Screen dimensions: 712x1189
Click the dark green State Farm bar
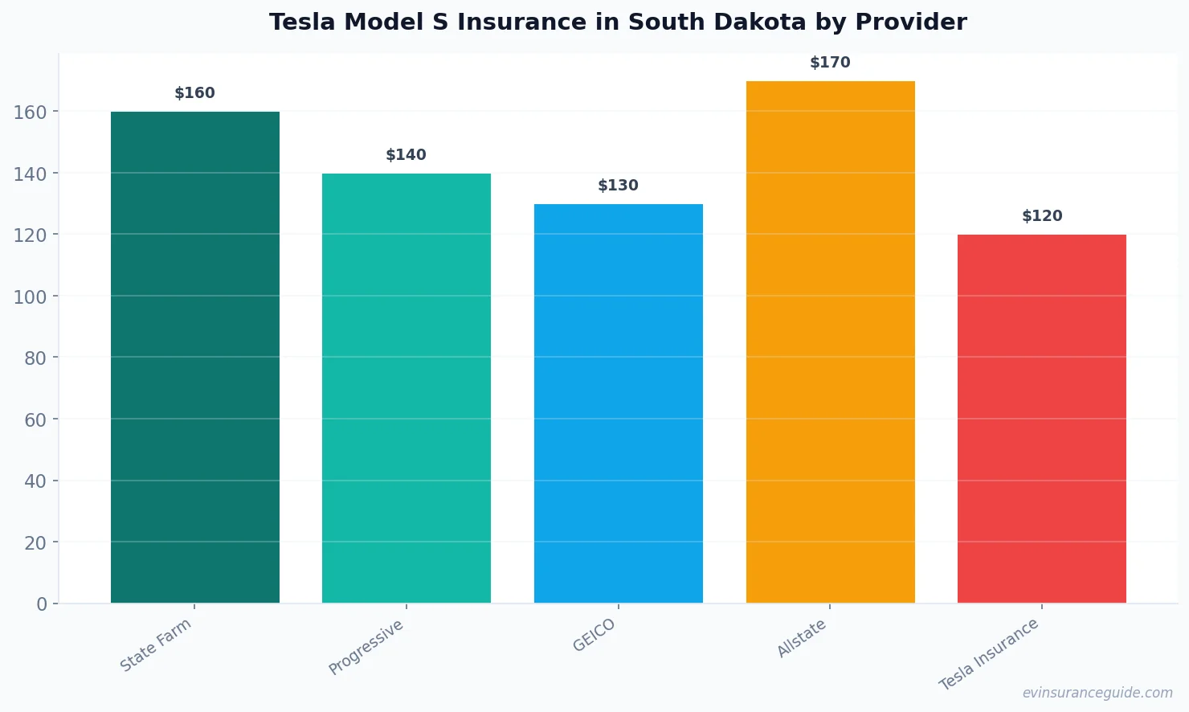195,358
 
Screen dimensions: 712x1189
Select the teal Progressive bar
407,388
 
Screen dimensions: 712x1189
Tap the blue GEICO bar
619,403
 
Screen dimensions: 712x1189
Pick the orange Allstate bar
830,342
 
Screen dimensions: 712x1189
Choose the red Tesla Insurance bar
1042,419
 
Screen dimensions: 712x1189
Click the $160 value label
195,93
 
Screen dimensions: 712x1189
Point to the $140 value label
407,155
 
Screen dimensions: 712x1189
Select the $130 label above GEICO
619,186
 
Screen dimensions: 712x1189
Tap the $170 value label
830,63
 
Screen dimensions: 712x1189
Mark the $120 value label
1042,216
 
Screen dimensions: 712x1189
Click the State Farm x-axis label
156,644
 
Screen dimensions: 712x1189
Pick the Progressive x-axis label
366,647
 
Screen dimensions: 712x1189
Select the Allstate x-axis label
801,639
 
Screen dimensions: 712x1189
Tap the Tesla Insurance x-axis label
989,654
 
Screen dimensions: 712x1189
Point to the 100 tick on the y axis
30,297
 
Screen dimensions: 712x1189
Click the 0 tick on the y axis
42,604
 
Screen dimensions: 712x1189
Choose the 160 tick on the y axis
30,112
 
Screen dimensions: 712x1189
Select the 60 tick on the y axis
35,419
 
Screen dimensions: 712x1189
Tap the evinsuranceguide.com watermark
1097,693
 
